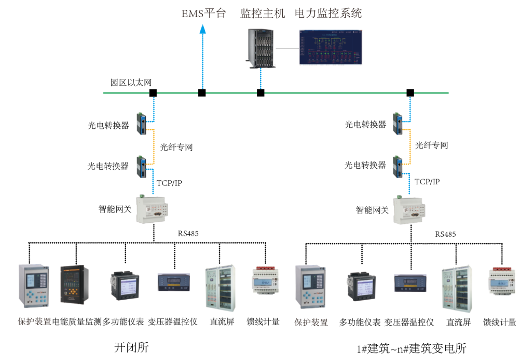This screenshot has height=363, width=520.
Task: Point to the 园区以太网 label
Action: (131, 83)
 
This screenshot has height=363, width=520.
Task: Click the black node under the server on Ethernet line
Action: (261, 93)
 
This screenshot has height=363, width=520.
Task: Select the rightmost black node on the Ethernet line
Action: (410, 93)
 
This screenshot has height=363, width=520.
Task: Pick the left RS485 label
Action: (187, 234)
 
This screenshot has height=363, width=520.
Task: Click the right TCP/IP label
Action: (427, 182)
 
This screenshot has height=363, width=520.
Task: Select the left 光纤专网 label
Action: (176, 147)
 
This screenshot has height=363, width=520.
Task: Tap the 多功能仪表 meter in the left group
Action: (125, 285)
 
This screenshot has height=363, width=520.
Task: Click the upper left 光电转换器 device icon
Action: (142, 124)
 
